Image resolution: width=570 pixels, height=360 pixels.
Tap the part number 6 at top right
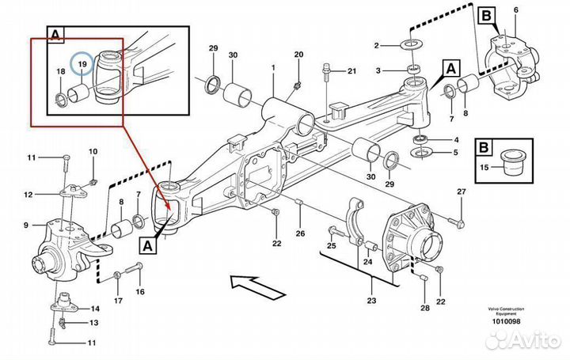516,9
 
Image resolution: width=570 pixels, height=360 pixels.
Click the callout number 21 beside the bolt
351,72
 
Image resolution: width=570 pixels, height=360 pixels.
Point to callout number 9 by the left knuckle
27,225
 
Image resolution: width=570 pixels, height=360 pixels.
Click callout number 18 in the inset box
61,72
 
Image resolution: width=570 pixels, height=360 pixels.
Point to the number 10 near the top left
93,151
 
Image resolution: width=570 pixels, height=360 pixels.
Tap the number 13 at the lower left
94,323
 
